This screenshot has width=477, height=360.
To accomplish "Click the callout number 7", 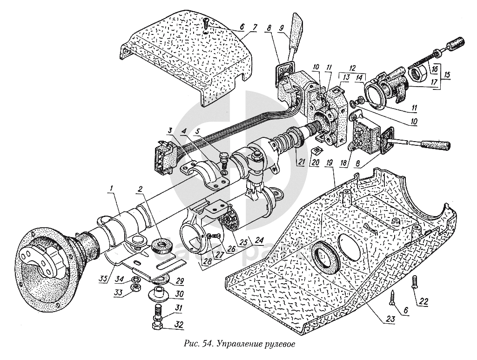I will (254, 28).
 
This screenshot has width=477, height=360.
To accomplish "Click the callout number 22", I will (423, 302).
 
